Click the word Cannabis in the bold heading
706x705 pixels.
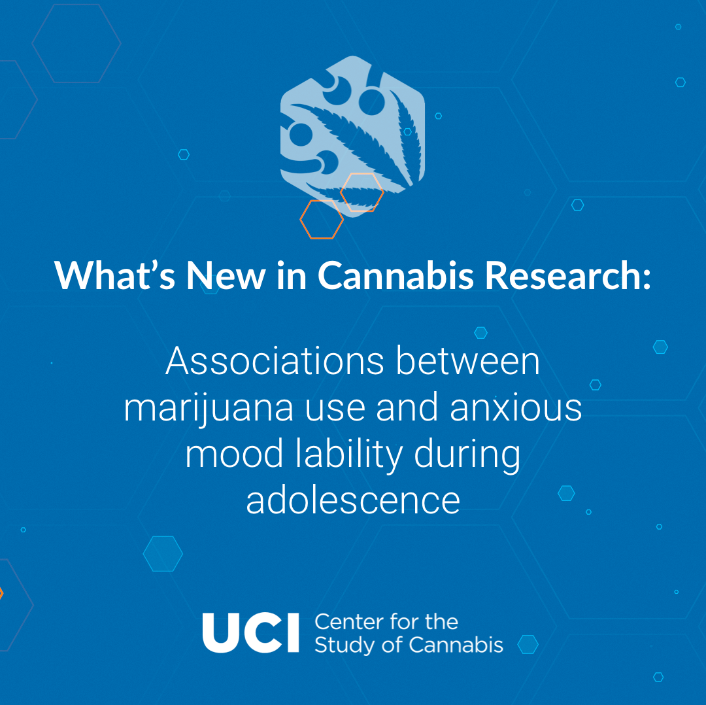point(395,275)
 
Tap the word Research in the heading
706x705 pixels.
point(568,275)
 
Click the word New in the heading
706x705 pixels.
point(226,275)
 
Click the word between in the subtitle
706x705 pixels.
point(468,361)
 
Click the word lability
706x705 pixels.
point(349,456)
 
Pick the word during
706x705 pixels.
point(467,456)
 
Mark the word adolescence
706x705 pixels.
point(353,500)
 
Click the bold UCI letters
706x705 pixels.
point(251,632)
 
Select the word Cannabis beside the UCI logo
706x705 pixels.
point(456,645)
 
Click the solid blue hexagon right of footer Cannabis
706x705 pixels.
point(528,644)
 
